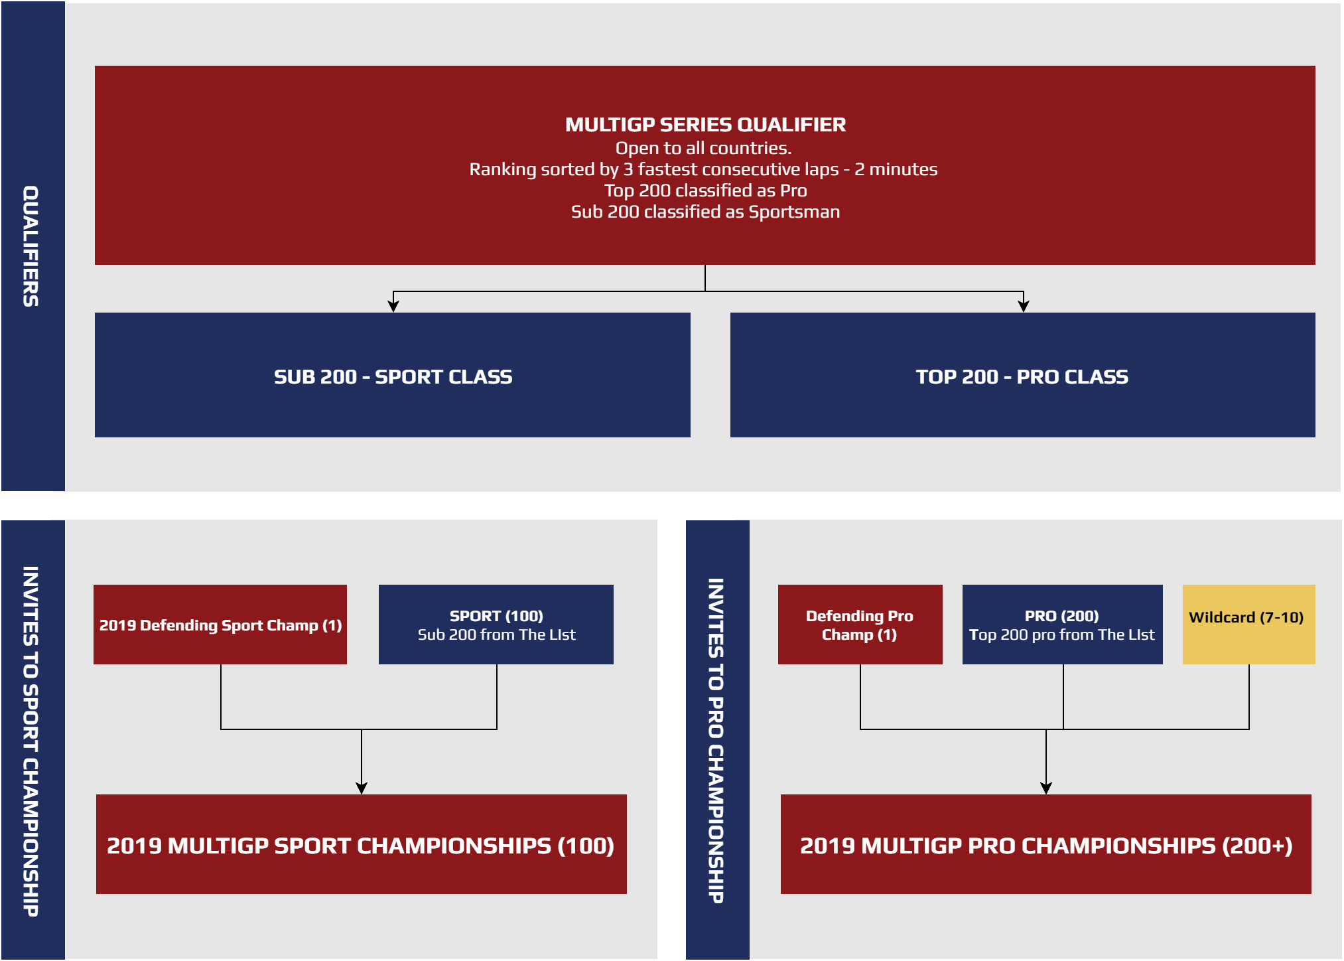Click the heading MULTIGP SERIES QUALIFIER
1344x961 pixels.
click(705, 125)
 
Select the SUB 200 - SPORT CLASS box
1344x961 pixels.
click(393, 375)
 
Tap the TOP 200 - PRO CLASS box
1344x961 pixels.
click(1022, 375)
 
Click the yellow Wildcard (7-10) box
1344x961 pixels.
click(1248, 625)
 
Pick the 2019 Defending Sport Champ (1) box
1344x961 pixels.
click(220, 625)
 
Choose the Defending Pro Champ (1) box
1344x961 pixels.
click(860, 625)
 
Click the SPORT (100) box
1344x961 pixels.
click(496, 625)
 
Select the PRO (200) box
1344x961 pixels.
click(1062, 625)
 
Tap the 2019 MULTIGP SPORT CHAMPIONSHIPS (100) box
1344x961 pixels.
click(362, 844)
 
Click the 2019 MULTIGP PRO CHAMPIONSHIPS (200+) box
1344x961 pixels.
click(1046, 844)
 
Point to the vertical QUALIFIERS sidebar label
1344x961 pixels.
click(31, 246)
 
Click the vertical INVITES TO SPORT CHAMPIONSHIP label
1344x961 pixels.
click(31, 741)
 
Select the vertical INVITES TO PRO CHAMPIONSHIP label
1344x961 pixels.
click(715, 741)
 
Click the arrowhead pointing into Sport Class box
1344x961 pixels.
click(393, 306)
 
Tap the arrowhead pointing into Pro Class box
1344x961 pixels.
click(1024, 306)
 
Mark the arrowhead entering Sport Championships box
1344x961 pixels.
click(362, 788)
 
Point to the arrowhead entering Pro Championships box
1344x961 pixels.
click(1046, 788)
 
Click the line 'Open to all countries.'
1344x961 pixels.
click(704, 148)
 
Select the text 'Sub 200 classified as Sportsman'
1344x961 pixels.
click(705, 212)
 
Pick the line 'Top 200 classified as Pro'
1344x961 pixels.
click(705, 190)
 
